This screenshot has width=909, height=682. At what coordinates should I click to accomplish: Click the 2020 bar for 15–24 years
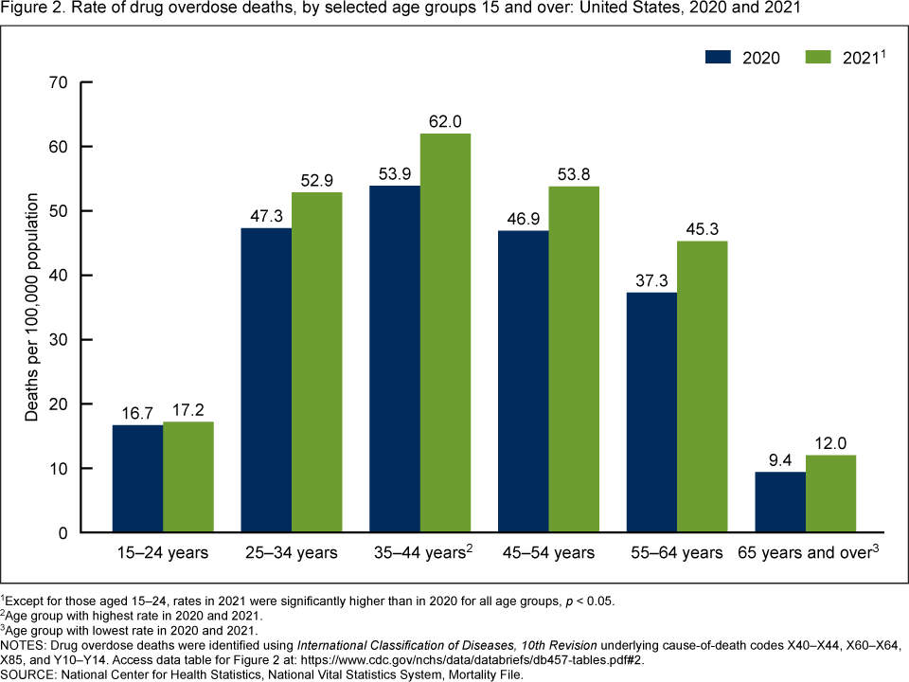coord(137,478)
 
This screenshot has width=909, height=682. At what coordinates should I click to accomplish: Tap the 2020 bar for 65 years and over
coord(780,502)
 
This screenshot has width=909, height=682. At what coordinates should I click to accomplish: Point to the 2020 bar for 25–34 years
coord(266,380)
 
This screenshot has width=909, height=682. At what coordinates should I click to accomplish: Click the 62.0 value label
coord(445,122)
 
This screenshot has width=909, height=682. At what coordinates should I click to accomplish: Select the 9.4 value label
coord(780,460)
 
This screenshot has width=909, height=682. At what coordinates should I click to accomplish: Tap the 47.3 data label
coord(266,217)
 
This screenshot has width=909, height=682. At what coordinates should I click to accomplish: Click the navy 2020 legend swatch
coord(720,57)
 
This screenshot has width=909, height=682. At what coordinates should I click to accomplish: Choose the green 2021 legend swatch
coord(819,57)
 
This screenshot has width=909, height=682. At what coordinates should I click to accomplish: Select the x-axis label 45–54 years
coord(549,552)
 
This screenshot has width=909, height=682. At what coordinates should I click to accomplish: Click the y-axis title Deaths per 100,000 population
coord(32,307)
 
